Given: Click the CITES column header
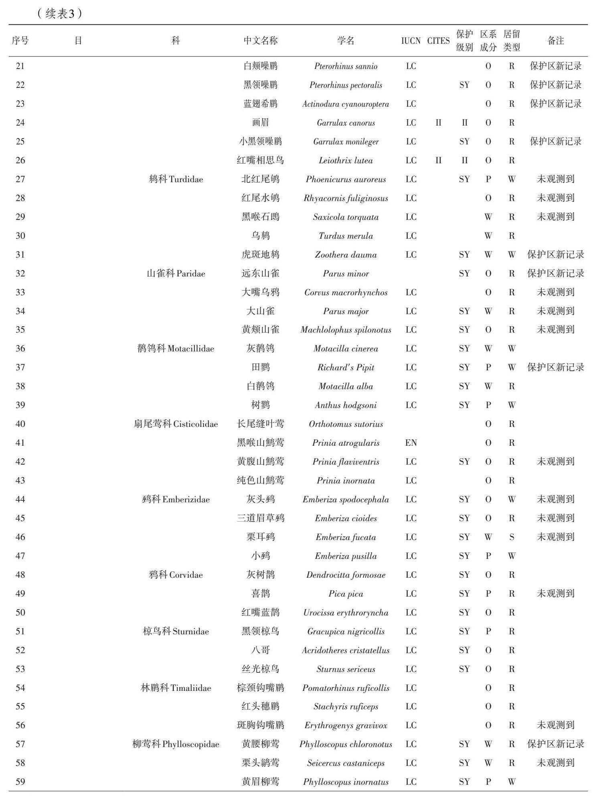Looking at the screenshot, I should pos(438,41).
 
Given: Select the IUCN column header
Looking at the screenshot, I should pos(411,41).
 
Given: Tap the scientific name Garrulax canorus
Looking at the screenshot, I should pos(346,123).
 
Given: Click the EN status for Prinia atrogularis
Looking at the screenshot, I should pos(411,443).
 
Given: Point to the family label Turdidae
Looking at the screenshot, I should pos(176,179).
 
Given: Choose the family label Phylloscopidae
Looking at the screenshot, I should pos(176,744).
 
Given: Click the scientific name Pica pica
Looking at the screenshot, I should pos(346,594).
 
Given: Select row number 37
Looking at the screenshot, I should pos(20,368).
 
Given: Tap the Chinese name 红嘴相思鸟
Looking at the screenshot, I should pos(260,160).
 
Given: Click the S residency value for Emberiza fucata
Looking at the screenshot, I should pos(512,537).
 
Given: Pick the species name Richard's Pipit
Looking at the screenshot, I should pos(346,368).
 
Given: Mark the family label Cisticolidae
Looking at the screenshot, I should pos(176,424).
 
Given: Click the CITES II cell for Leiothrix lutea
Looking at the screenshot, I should pos(438,160).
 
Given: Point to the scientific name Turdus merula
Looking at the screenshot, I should pos(346,236).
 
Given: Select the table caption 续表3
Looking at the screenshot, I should pos(60,14).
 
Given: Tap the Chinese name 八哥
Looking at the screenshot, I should pos(260,650).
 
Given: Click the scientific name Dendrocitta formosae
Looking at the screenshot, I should pos(346,575).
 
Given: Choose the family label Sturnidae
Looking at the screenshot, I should pos(176,632).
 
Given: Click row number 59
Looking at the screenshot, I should pos(20,782).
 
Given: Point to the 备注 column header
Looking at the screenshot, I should pos(555,41).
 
